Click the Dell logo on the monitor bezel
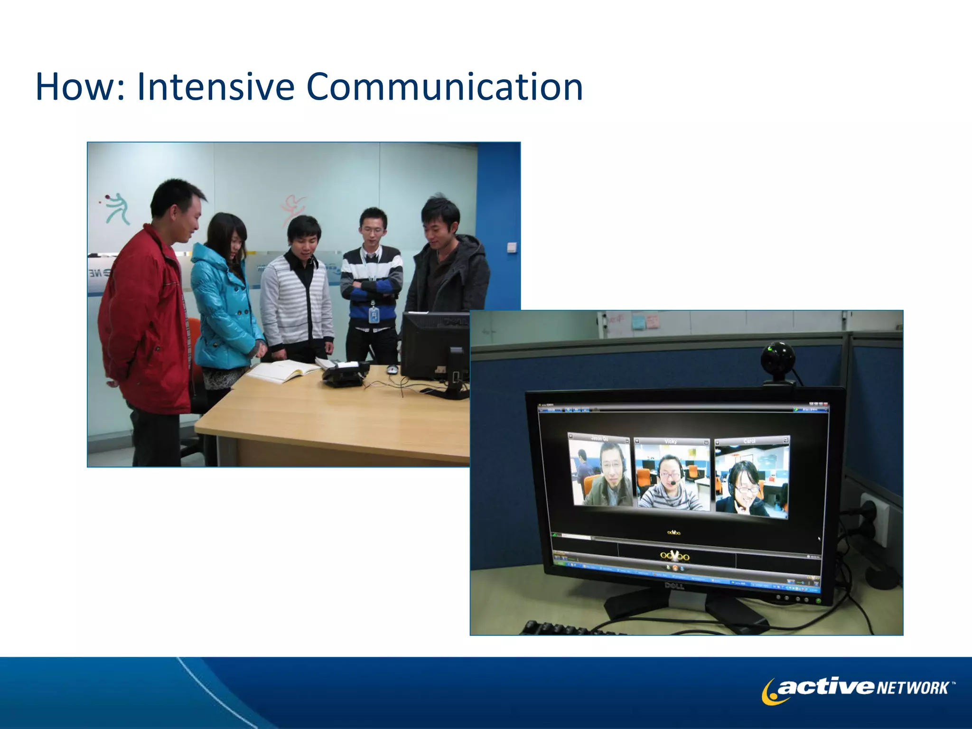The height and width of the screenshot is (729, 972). tap(673, 586)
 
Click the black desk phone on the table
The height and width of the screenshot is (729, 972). tap(344, 373)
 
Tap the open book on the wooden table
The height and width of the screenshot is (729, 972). tap(282, 370)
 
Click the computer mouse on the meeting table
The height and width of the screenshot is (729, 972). tap(392, 369)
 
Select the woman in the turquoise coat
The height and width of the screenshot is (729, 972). tap(223, 304)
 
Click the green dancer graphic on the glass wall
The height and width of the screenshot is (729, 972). tap(117, 209)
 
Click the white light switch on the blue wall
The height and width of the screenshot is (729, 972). tap(512, 247)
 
